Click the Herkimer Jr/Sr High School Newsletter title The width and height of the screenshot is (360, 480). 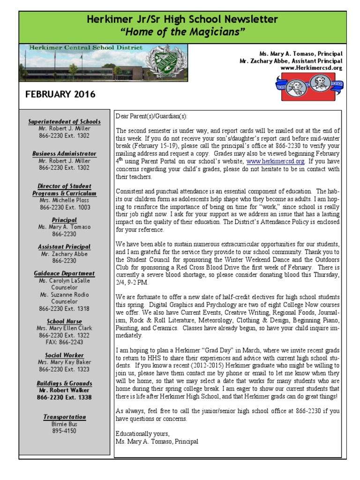tap(182, 20)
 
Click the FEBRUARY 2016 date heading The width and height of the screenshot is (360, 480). tap(60, 94)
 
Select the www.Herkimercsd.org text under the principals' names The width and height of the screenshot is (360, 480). tap(311, 68)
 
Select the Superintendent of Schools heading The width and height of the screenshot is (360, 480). tap(65, 121)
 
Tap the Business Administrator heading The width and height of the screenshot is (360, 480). tap(65, 154)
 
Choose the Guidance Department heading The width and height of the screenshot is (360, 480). tap(65, 273)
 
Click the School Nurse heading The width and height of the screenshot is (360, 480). tap(65, 321)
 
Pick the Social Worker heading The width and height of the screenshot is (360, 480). tap(65, 355)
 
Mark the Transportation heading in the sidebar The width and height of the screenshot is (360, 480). tap(65, 417)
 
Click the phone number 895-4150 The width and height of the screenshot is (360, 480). tap(64, 431)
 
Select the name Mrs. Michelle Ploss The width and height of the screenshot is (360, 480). tap(65, 200)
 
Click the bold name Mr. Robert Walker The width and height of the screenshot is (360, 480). tap(65, 390)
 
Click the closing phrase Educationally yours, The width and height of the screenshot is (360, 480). tap(142, 433)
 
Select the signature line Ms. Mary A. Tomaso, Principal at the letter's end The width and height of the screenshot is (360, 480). tap(157, 442)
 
